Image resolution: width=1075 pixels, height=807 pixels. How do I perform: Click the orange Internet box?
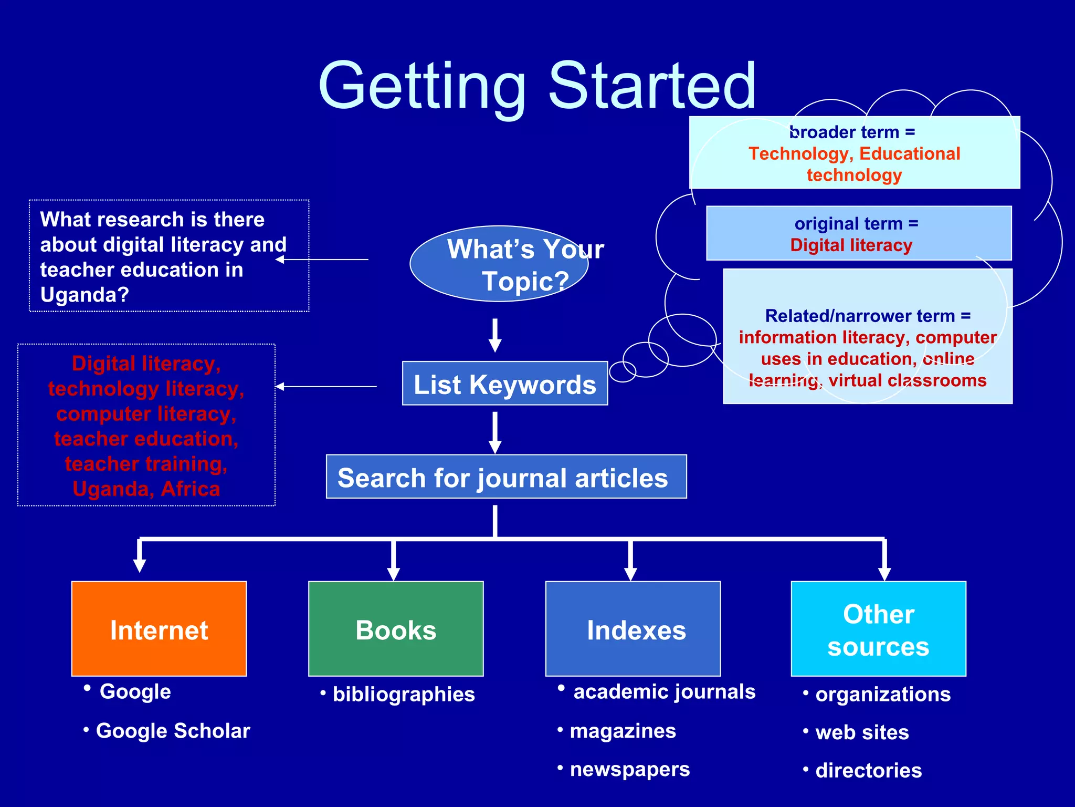pos(159,628)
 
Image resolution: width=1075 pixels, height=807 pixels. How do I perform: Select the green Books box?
pos(396,628)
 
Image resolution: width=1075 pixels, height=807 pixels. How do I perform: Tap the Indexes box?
pos(633,628)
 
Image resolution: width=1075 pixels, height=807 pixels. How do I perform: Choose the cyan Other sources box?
pos(878,628)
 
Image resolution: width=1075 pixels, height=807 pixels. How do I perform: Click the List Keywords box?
pos(505,384)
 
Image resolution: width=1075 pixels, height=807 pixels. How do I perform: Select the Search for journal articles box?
pos(506,477)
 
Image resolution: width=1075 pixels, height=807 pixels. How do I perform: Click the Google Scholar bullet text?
pos(173,731)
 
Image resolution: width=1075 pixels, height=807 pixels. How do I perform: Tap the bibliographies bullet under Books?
pos(403,694)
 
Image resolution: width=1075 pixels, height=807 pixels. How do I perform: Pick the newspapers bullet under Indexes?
pos(629,769)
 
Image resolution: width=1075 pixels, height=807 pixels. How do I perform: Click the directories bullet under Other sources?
pos(868,770)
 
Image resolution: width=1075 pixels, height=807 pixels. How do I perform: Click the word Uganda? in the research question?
pos(85,295)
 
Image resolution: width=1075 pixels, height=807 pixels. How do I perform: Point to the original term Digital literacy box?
pos(859,233)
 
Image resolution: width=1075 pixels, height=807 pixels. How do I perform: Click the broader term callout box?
pos(854,152)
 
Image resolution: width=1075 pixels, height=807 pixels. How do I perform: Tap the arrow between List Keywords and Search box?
pos(495,432)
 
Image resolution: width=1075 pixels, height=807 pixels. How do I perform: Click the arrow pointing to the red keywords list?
pos(326,387)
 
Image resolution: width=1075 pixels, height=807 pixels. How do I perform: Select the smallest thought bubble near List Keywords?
pos(623,371)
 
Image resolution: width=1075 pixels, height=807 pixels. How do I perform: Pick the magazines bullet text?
pos(623,731)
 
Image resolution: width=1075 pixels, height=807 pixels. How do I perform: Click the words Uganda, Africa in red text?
pos(146,489)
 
